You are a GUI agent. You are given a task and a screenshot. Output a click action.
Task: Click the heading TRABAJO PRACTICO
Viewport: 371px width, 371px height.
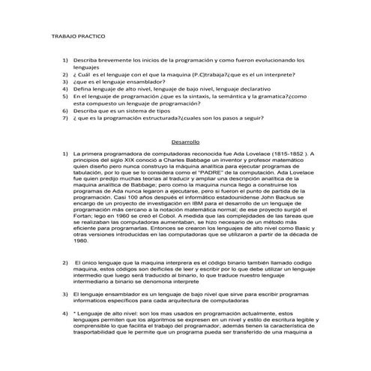point(78,35)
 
